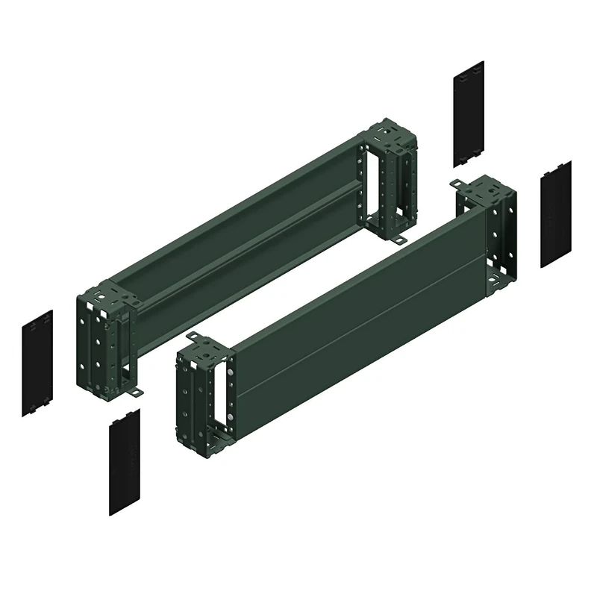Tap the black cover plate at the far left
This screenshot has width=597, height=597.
coord(37,363)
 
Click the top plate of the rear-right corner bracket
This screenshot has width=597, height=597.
coord(388,137)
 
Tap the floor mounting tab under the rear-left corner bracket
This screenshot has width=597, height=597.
coord(137,393)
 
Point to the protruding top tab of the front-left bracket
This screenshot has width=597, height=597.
coord(192,337)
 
